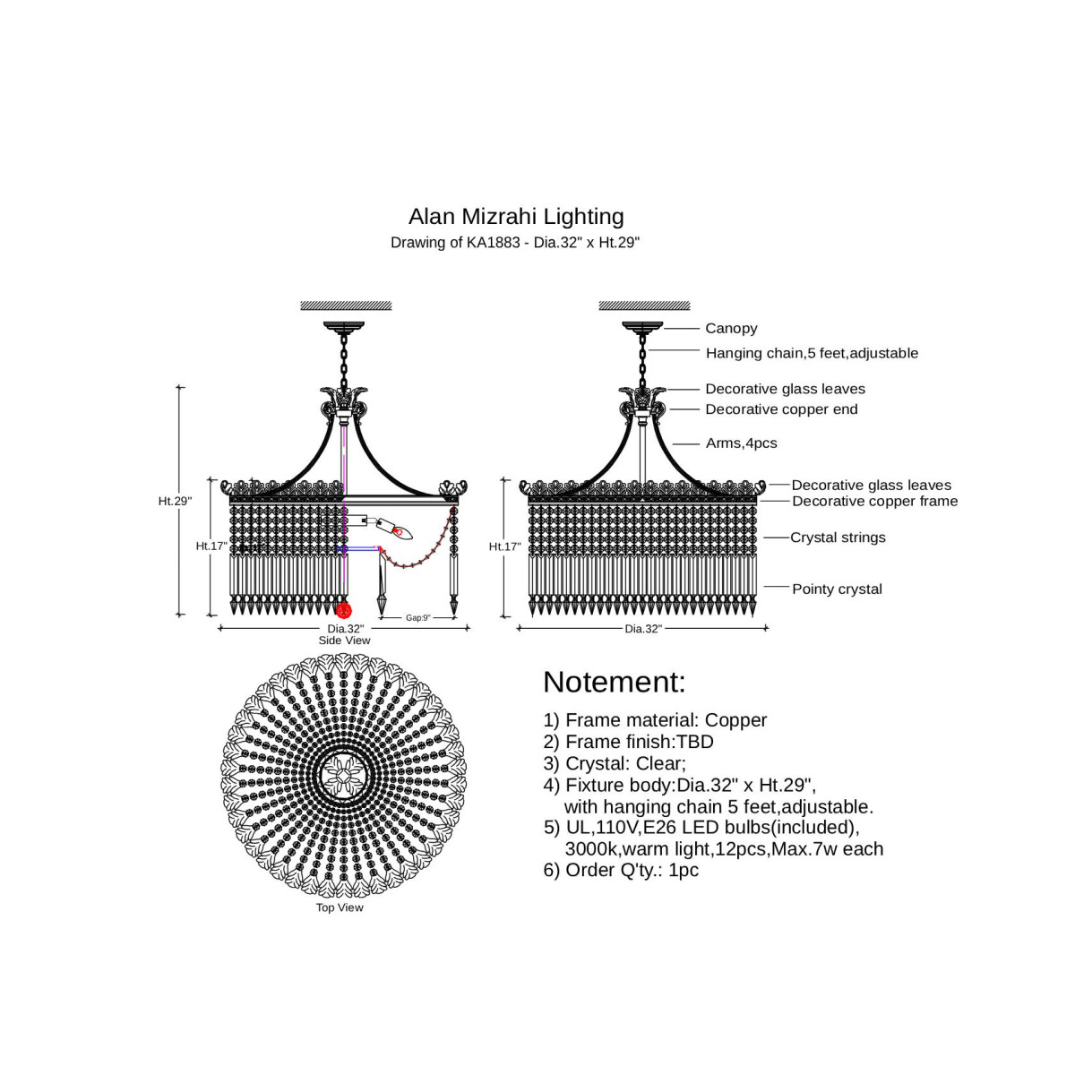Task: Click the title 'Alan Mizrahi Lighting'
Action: [516, 217]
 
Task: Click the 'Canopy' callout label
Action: [731, 329]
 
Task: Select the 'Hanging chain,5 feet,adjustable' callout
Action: [812, 353]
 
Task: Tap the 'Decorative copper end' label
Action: [781, 409]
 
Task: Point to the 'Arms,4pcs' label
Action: [741, 443]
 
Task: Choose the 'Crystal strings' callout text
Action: [838, 537]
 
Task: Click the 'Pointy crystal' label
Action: [837, 589]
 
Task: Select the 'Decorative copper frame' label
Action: [874, 502]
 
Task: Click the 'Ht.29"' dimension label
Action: [175, 501]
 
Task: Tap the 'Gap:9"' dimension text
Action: [417, 618]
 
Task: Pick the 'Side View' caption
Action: [344, 641]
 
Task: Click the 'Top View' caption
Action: [340, 907]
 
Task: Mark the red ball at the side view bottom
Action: [343, 610]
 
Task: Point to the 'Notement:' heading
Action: [614, 683]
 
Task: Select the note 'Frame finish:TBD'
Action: [639, 742]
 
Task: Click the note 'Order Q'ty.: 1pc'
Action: [632, 870]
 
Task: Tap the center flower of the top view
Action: [344, 775]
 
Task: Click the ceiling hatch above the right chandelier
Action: [644, 306]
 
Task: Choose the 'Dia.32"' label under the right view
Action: [643, 629]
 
